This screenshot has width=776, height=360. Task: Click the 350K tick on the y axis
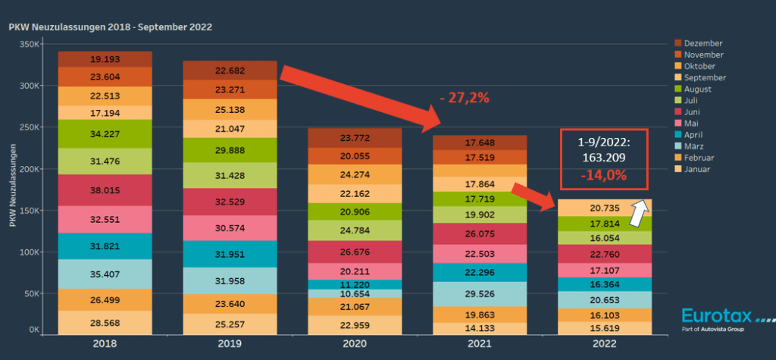29,45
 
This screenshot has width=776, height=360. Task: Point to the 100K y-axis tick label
29,252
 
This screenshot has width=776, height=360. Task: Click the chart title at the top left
110,27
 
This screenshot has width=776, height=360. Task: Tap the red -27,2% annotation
464,98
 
